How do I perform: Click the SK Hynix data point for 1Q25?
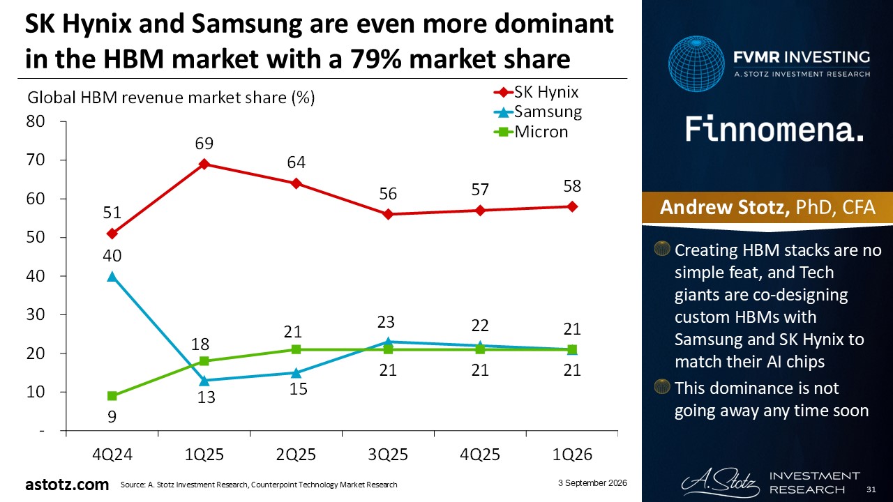(204, 164)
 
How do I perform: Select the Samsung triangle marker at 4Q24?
(112, 277)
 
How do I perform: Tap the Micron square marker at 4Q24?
(112, 396)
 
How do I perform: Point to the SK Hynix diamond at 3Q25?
(389, 214)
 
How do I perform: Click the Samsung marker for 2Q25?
(297, 373)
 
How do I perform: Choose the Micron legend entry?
(531, 132)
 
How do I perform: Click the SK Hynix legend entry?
(536, 93)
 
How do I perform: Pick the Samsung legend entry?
(538, 112)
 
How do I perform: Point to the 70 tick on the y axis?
(36, 160)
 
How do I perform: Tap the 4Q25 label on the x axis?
(480, 455)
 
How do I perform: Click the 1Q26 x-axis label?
(572, 455)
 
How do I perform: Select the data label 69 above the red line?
(204, 144)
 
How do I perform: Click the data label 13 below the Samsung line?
(207, 397)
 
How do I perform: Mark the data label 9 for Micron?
(112, 417)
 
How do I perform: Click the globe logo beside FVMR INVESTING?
(696, 63)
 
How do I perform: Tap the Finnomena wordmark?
(774, 129)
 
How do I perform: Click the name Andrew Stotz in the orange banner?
(725, 207)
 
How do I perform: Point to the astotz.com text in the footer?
(67, 485)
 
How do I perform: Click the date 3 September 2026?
(592, 483)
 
